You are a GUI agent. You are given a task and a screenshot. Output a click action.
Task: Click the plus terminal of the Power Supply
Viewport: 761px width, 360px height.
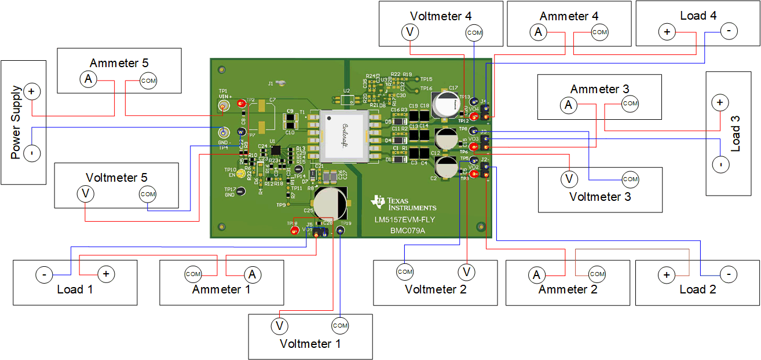[x=31, y=91]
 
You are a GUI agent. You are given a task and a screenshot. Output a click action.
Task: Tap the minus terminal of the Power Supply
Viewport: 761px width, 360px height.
[x=31, y=153]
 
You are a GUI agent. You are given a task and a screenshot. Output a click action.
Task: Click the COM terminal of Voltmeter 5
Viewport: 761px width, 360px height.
[x=148, y=194]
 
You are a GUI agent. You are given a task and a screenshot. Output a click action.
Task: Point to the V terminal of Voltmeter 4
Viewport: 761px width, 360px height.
[x=410, y=32]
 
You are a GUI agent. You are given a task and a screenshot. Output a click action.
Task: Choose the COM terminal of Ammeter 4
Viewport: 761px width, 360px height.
[x=599, y=32]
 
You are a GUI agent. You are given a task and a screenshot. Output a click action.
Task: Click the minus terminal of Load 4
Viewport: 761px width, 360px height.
[x=729, y=32]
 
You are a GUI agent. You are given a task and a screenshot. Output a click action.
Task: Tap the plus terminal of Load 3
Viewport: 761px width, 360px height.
[x=719, y=103]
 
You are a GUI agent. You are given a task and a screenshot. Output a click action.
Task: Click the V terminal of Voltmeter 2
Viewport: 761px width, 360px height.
[x=467, y=271]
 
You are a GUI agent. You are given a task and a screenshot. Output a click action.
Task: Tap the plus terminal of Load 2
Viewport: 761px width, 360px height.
[x=667, y=274]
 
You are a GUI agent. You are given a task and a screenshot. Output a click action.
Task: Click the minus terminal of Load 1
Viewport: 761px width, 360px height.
[x=44, y=274]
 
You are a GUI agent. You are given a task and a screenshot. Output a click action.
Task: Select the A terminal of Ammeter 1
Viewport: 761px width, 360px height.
[x=251, y=273]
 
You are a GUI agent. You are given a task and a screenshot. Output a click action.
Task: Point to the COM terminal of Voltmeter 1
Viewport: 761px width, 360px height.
[x=340, y=326]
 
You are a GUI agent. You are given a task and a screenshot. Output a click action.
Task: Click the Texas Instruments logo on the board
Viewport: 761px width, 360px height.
[x=404, y=203]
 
